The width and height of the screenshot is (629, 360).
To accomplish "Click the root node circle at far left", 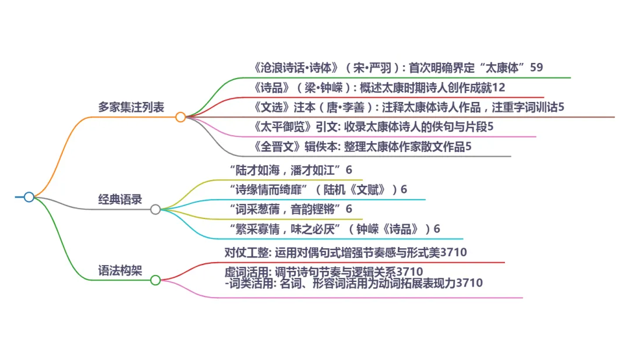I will (29, 197).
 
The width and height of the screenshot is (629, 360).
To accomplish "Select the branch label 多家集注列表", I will (131, 107).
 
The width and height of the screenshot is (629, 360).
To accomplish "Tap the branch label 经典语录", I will (120, 199).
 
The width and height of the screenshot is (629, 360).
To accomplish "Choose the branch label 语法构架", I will (120, 270).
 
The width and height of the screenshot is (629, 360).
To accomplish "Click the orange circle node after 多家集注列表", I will (181, 117).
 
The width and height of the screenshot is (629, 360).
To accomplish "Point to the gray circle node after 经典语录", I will (156, 209).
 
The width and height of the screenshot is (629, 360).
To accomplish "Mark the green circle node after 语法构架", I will (156, 280).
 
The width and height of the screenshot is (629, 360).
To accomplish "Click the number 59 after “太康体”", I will (536, 68).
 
